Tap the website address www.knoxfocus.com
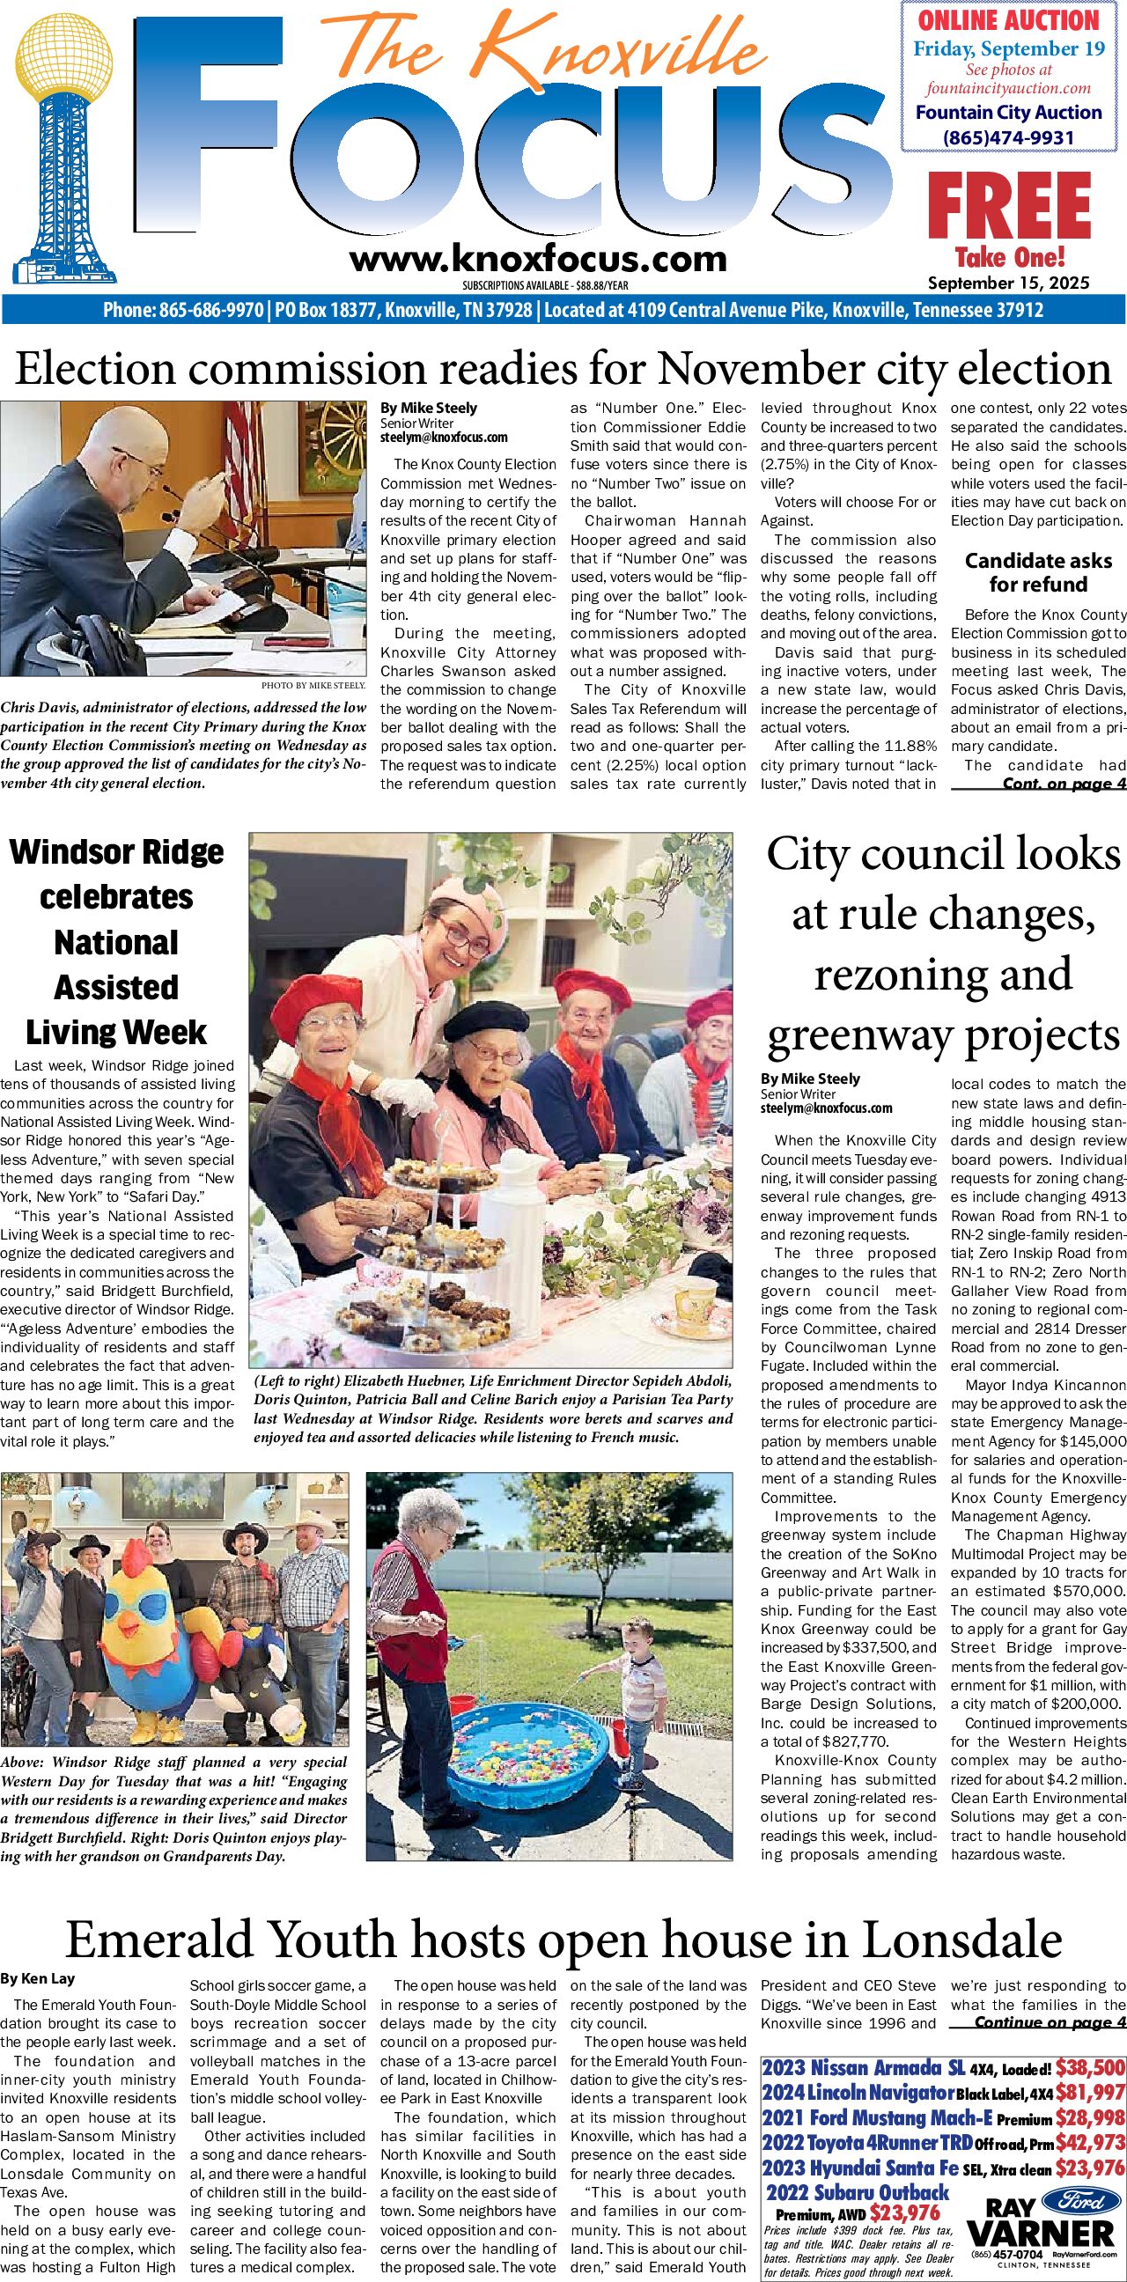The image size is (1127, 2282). coord(538,259)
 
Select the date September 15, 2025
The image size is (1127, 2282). coord(1008,283)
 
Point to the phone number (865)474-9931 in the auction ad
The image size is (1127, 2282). coord(1008,137)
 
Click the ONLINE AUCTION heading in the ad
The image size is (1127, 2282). coord(1008,19)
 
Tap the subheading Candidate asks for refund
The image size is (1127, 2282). coord(1037,572)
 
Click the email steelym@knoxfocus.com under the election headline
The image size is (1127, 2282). coord(444,438)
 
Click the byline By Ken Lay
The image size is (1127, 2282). coord(38,1978)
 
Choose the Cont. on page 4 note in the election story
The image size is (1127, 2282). coord(1064,783)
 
